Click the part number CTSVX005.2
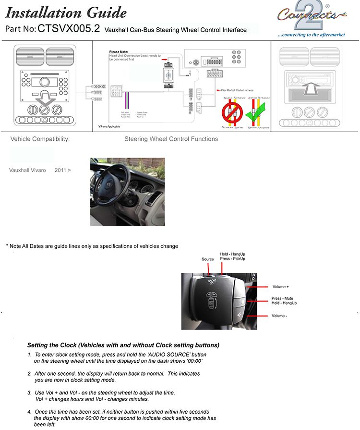(x=69, y=29)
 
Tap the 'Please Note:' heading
(x=119, y=52)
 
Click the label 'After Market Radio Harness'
(x=237, y=90)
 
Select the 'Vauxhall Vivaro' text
(x=28, y=170)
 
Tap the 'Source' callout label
(x=208, y=259)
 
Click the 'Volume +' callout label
(x=280, y=287)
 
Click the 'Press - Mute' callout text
(x=283, y=298)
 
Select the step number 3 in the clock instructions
(x=29, y=393)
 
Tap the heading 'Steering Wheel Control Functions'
(x=171, y=139)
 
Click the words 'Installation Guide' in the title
(x=66, y=12)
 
